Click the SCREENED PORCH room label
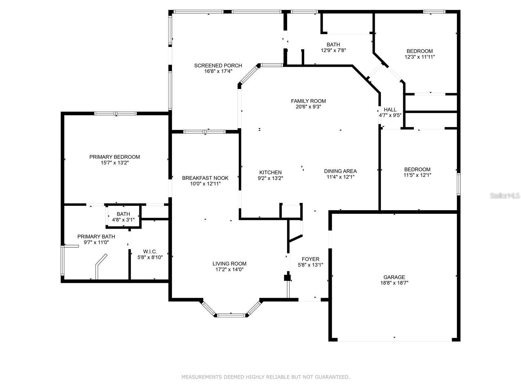[x=218, y=65]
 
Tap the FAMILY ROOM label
[x=308, y=101]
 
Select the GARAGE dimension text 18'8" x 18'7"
[x=394, y=283]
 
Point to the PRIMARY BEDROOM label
[x=114, y=157]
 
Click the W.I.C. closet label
[x=150, y=252]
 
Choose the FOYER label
[x=310, y=259]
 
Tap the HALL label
[x=390, y=109]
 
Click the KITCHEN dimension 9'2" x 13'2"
[x=270, y=178]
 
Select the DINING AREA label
[x=340, y=171]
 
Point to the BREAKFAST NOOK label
[x=205, y=178]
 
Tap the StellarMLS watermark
[x=505, y=195]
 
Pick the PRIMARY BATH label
[x=96, y=237]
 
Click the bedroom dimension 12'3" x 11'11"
[x=419, y=57]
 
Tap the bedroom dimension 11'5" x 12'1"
[x=417, y=175]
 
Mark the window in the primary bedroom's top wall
[x=116, y=113]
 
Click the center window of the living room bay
[x=231, y=315]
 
